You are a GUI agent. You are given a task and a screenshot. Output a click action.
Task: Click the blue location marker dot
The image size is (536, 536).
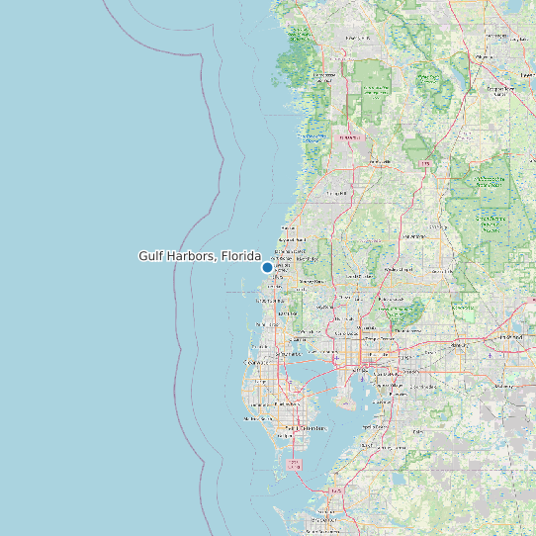coord(267,267)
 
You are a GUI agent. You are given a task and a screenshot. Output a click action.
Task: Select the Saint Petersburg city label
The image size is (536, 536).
coord(298,428)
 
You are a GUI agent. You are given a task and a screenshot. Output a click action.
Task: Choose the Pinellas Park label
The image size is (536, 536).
coord(287,403)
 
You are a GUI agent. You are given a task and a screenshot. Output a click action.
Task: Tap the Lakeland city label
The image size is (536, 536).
coord(511,336)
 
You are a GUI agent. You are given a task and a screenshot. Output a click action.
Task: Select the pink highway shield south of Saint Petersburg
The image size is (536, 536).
coord(294,464)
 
